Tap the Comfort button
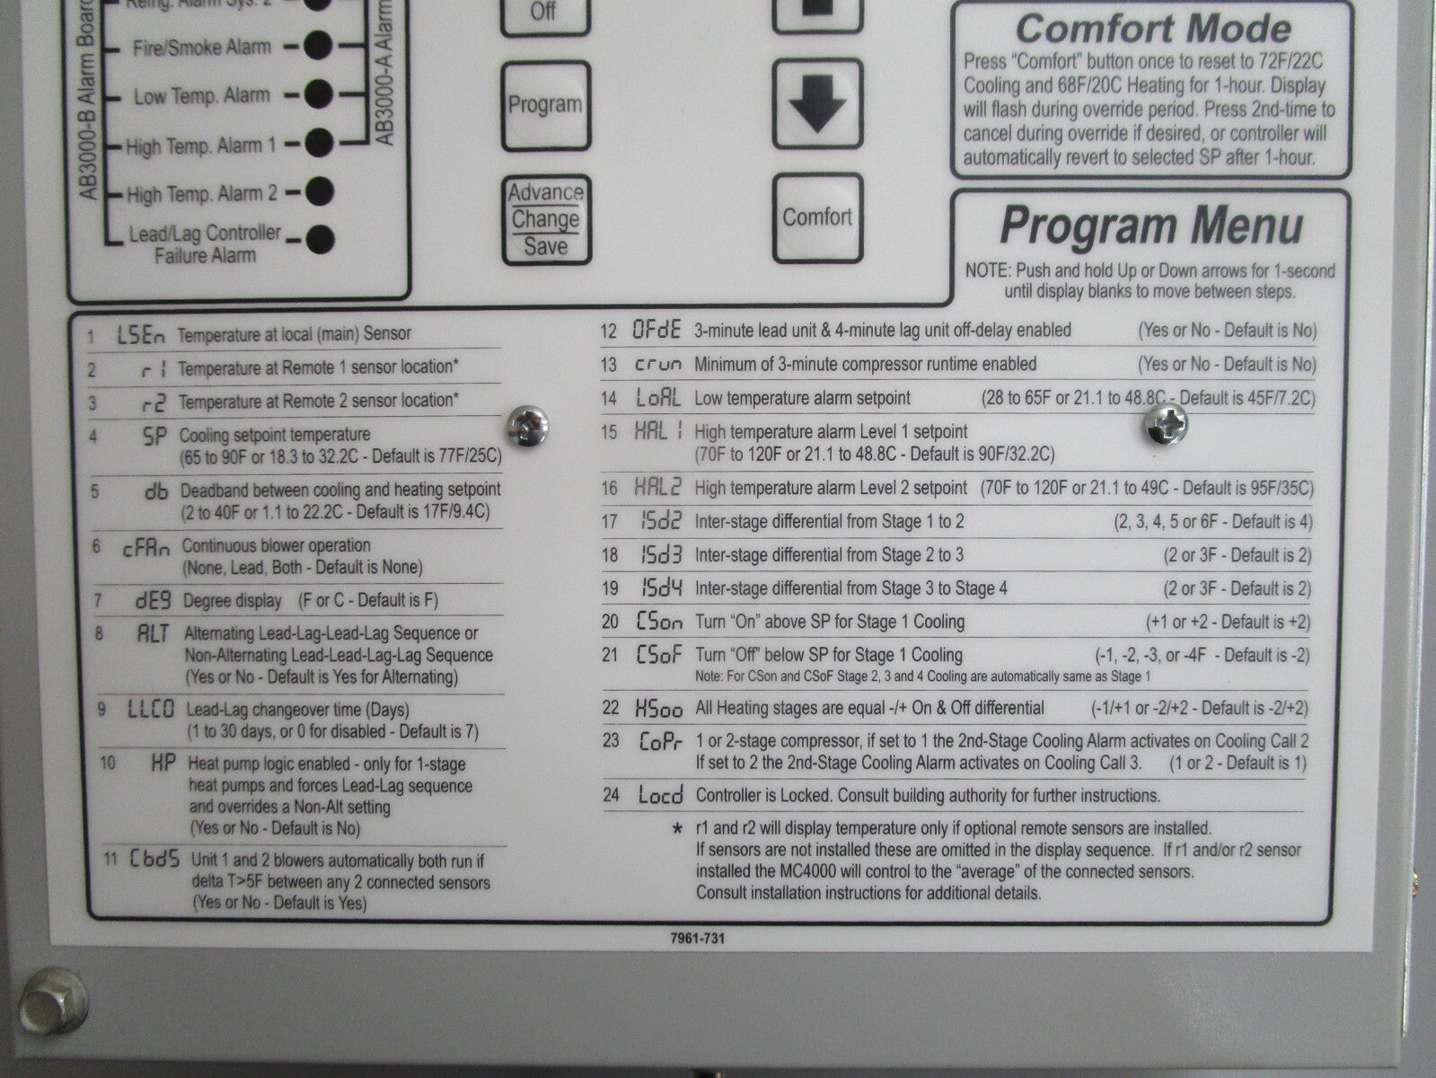pos(816,217)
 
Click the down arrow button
pos(816,105)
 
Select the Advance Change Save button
pos(545,219)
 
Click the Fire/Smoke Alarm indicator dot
pos(318,45)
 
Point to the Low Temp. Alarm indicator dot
pos(318,93)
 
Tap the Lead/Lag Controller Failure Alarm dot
pos(320,239)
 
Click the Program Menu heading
pos(1150,225)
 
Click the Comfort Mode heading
pos(1153,29)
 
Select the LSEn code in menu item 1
pos(141,336)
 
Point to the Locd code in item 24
pos(660,795)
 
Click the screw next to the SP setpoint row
pos(528,426)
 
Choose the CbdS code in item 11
pos(155,859)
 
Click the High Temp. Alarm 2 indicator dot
pos(319,190)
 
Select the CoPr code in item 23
pos(661,741)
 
